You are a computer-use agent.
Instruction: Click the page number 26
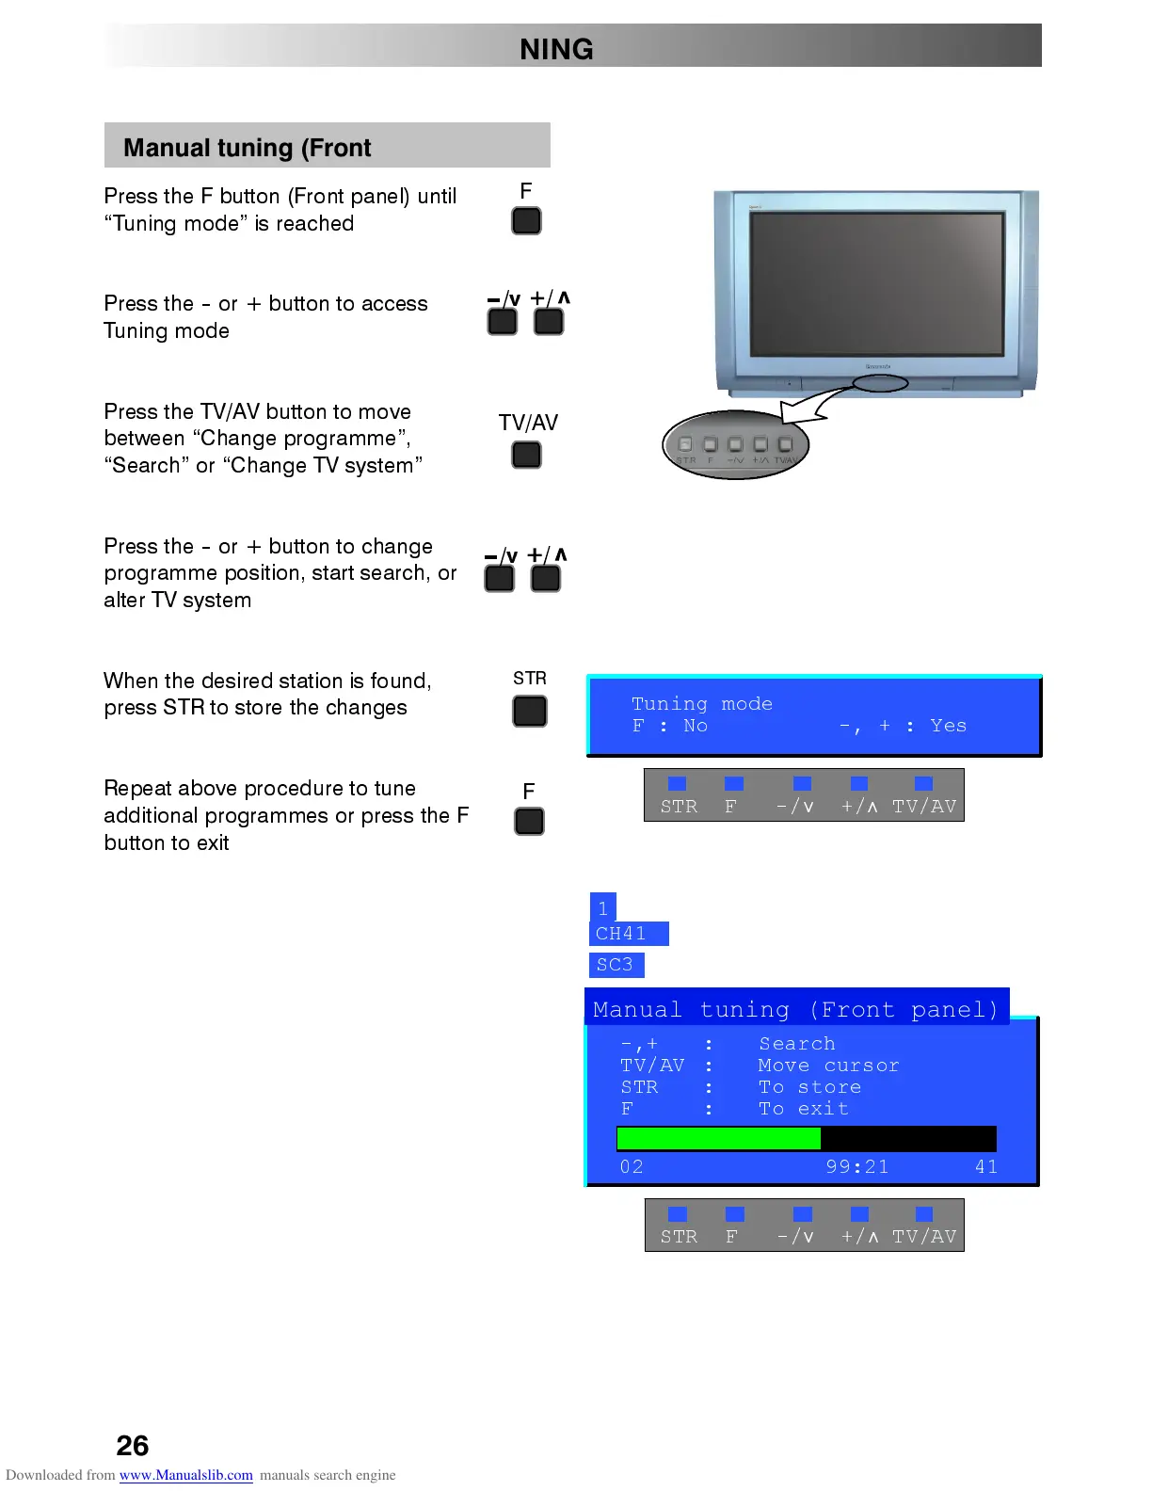tap(133, 1445)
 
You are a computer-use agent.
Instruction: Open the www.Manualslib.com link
tap(185, 1475)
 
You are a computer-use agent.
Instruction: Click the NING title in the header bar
tap(556, 49)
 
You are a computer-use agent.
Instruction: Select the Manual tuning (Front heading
tap(248, 148)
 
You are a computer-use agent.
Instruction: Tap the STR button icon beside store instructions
tap(530, 711)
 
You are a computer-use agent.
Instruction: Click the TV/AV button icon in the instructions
tap(526, 456)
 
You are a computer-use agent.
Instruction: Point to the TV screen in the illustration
tap(877, 282)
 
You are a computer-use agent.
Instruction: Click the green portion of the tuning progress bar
tap(718, 1139)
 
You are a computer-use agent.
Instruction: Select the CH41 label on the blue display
tap(621, 934)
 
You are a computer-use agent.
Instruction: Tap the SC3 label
tap(615, 965)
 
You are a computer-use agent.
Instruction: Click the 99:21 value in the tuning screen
tap(856, 1167)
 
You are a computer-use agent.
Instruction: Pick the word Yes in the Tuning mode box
tap(948, 726)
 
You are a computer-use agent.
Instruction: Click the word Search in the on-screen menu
tap(797, 1044)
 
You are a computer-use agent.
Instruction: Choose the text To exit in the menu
tap(804, 1109)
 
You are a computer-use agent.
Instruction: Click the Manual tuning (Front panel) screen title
tap(795, 1010)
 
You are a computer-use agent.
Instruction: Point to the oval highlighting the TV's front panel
tap(881, 383)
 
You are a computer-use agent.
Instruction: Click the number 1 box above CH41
tap(602, 908)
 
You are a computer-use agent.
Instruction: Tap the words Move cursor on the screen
tap(828, 1066)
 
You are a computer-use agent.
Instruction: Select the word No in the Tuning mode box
tap(696, 726)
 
